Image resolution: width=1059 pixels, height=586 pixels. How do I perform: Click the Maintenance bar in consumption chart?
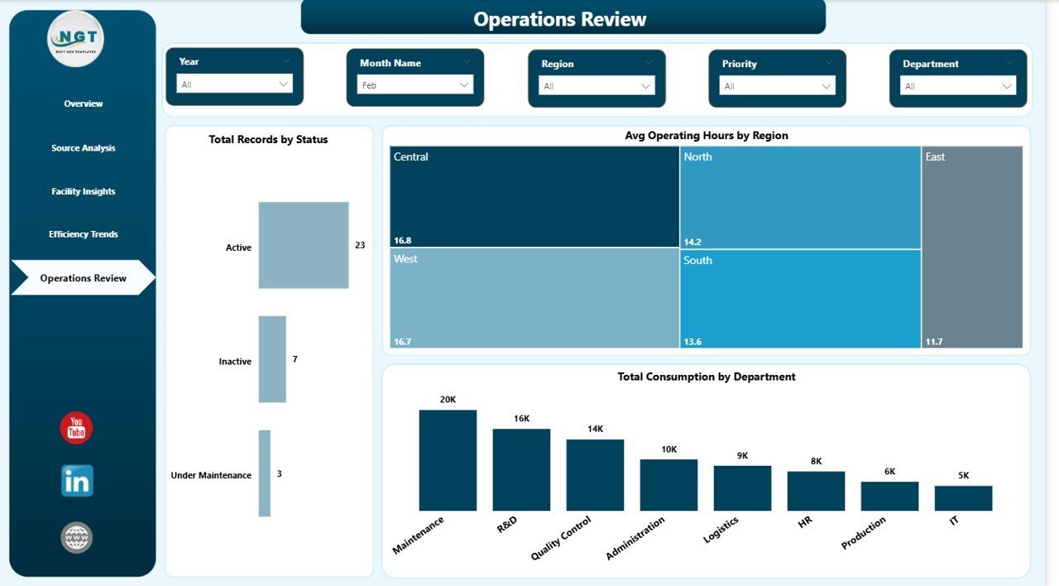(448, 460)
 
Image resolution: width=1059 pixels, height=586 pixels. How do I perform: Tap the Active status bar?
(303, 245)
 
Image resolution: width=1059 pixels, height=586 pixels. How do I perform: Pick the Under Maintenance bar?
(265, 473)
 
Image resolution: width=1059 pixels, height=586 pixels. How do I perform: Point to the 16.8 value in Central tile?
(402, 241)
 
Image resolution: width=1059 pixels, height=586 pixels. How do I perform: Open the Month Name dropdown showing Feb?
(414, 85)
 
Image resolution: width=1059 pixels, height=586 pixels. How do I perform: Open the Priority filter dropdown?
(777, 86)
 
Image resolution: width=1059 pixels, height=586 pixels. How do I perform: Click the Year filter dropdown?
(234, 84)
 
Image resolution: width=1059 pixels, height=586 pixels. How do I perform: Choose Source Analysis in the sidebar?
(84, 148)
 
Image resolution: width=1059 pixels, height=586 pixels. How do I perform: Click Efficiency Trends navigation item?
(84, 234)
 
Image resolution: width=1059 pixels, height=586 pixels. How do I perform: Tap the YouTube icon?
(76, 428)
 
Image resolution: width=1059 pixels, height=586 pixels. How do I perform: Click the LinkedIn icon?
(77, 481)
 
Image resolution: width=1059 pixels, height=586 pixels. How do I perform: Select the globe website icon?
(77, 538)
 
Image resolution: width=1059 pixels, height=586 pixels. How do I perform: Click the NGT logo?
(77, 38)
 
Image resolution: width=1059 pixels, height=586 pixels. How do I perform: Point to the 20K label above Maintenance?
(448, 400)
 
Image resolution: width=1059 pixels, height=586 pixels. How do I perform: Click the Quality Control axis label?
(563, 538)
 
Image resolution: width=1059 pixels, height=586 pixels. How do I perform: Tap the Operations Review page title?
(560, 19)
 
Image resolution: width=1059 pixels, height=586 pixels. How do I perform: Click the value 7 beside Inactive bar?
(295, 359)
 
